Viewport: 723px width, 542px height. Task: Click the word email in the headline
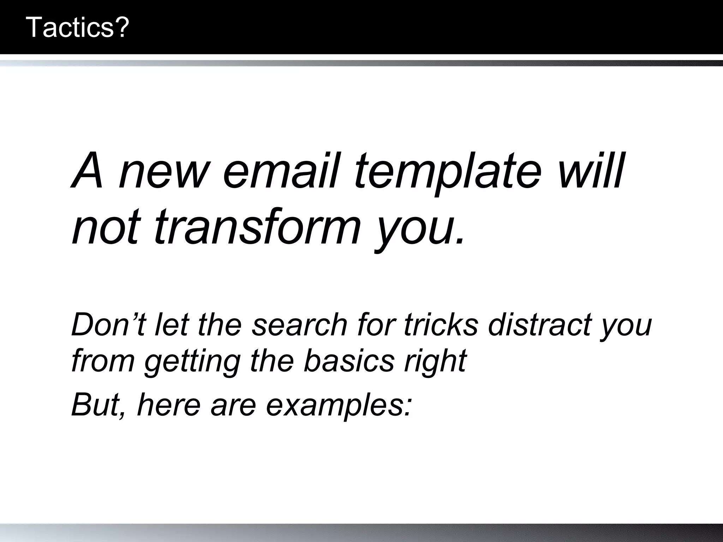[x=281, y=170]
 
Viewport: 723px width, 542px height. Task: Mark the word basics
[x=348, y=360]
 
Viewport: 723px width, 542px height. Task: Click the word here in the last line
[x=169, y=404]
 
